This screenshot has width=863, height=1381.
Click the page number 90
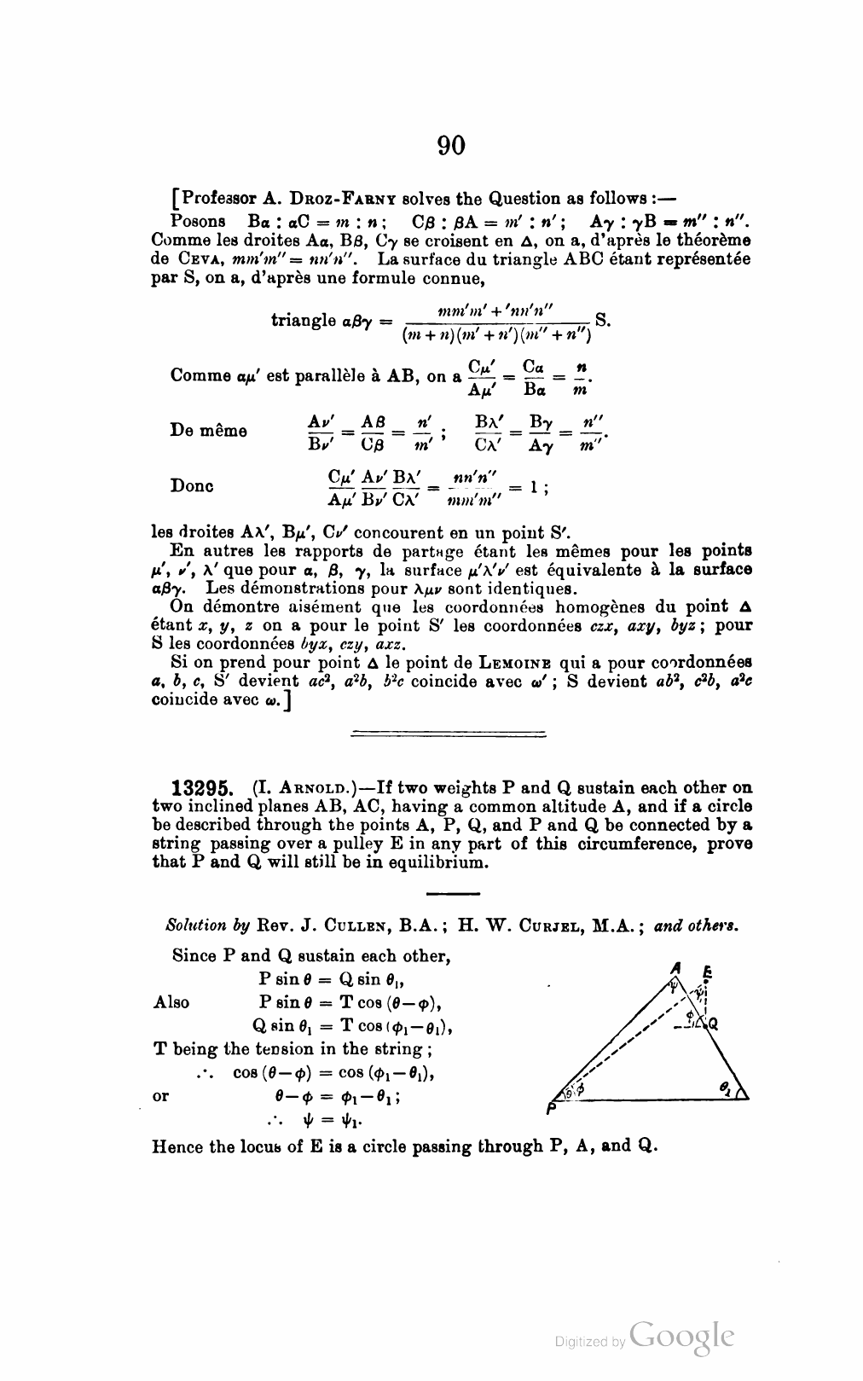pos(451,146)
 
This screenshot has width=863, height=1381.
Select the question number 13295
pos(206,787)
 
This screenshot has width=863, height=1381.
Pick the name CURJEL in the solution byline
pos(571,926)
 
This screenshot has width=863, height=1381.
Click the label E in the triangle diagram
pos(706,972)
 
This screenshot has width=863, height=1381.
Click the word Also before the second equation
pos(171,1002)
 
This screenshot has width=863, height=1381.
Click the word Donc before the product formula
pos(192,485)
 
